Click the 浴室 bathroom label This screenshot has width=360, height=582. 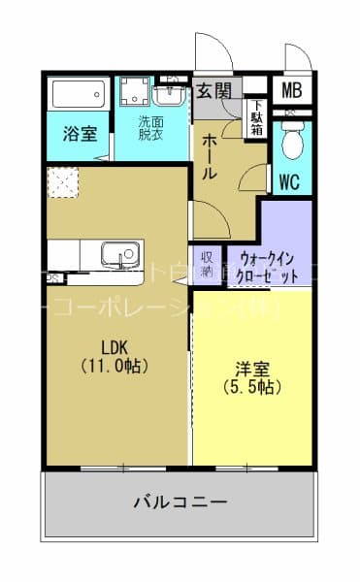tap(80, 134)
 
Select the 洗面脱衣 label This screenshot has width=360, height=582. tap(150, 129)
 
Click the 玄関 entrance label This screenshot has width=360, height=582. tap(213, 91)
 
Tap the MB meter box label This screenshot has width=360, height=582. tap(292, 92)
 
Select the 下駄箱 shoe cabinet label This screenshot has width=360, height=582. tap(256, 116)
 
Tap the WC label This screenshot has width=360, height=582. tap(289, 181)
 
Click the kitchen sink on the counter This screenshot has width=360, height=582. tap(121, 254)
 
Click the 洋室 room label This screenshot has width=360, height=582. tap(251, 369)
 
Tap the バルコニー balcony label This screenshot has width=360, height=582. tap(180, 502)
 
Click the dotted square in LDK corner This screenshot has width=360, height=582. tap(65, 183)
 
